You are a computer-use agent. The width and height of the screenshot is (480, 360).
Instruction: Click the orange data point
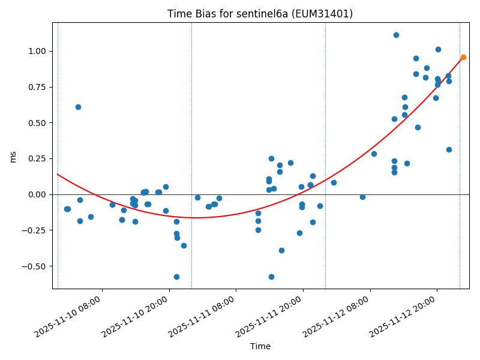coord(463,57)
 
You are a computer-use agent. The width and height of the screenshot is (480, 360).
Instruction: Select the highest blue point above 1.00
coord(396,35)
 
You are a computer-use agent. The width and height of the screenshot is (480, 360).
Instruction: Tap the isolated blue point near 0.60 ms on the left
coord(78,107)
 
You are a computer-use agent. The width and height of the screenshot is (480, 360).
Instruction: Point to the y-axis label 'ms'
coord(13,156)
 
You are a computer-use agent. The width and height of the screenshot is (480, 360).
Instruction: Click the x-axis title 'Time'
coord(260,346)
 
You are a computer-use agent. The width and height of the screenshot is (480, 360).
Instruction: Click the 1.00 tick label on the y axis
coord(37,51)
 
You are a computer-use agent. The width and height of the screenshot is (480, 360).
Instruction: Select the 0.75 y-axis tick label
coord(37,87)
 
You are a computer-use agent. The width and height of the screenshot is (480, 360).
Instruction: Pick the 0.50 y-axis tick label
coord(37,123)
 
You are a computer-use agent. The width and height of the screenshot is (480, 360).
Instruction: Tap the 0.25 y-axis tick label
coord(37,158)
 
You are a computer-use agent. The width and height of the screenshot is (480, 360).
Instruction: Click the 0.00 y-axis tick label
coord(37,194)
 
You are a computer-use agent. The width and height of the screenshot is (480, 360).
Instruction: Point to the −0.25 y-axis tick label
coord(35,230)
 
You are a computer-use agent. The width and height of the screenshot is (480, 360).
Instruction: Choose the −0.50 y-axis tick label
coord(35,266)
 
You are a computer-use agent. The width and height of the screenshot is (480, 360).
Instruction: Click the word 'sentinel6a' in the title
coord(271,14)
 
